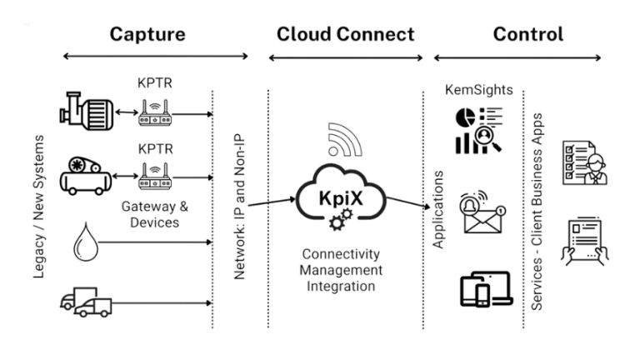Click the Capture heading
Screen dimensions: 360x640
tap(147, 34)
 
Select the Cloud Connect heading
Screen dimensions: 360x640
tap(345, 34)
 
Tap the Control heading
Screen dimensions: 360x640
tap(527, 34)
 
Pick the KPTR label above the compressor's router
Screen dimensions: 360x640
tap(157, 149)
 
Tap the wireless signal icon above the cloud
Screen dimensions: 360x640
tap(345, 142)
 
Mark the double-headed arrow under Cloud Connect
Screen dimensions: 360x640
tap(345, 57)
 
